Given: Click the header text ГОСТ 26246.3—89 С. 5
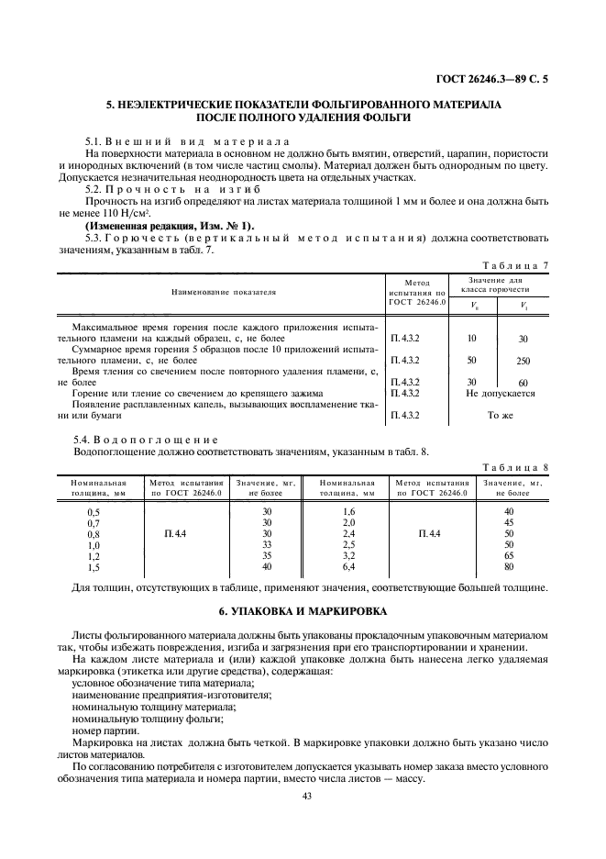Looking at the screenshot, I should coord(496,79).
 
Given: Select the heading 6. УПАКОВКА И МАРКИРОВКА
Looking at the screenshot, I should coord(303,610).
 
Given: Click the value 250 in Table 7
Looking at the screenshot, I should coord(523,361).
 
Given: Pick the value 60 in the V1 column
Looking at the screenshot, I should coord(523,383).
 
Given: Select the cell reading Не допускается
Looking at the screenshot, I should coord(500,393).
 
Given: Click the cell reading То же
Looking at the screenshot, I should coord(500,415).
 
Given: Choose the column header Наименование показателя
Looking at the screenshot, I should coord(223,292).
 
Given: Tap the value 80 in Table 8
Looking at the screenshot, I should coord(510,567).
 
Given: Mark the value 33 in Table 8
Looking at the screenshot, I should coord(267,544).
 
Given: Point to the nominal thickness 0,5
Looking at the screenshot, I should coord(93,511).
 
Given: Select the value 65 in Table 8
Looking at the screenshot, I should coord(510,556).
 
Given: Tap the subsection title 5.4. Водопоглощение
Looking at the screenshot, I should coord(146,440).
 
